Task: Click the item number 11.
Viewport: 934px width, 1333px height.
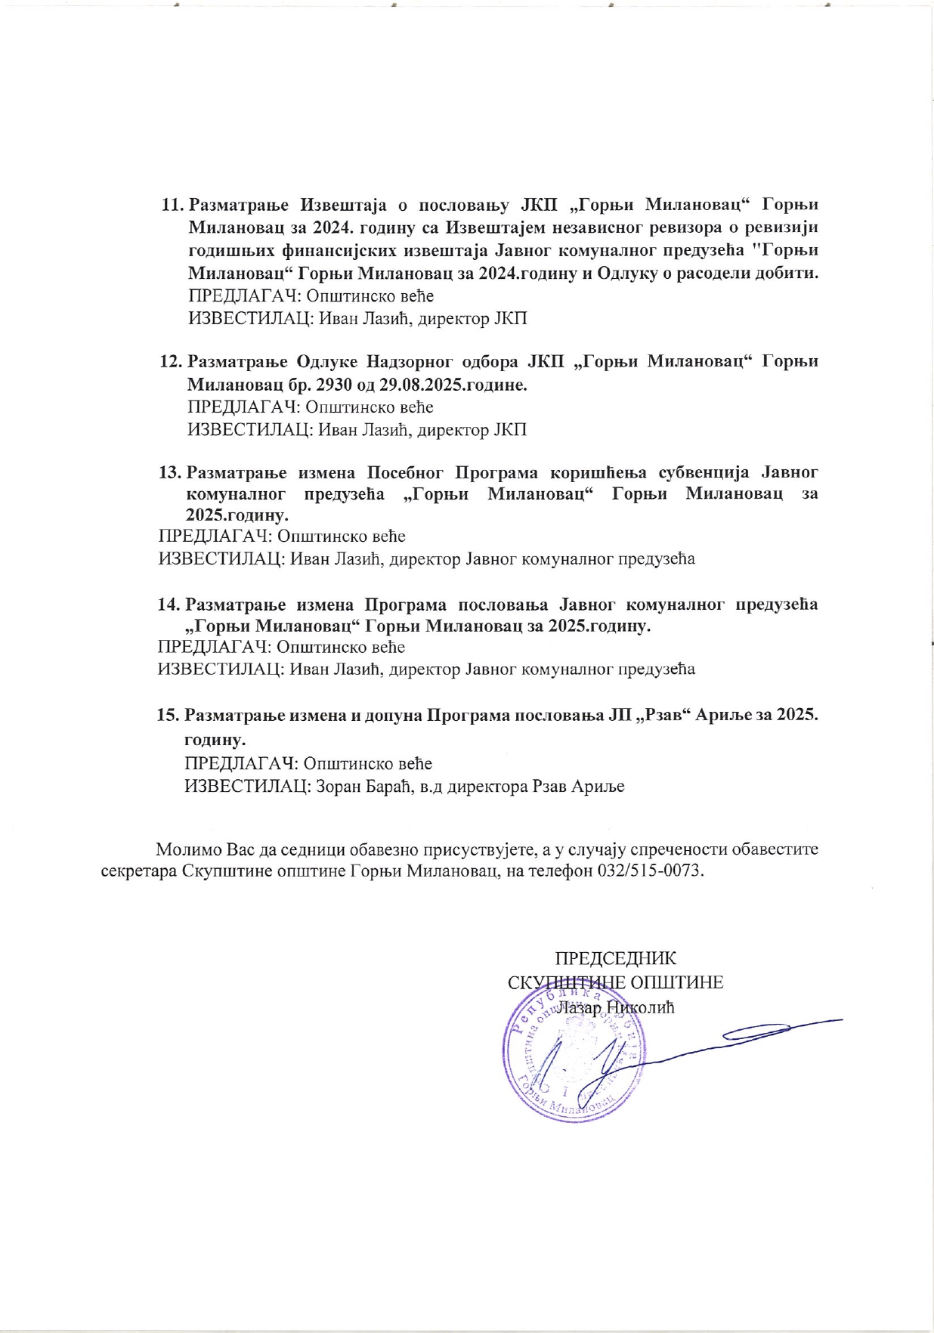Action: [173, 205]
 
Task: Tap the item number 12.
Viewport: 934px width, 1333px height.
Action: [171, 361]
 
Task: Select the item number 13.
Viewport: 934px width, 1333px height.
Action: [169, 473]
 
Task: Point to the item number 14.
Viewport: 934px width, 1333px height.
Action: [169, 605]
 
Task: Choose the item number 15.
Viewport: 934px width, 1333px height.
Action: [168, 715]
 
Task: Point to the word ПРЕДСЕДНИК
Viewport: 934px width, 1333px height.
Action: [616, 958]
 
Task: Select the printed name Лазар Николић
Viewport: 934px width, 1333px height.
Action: [616, 1007]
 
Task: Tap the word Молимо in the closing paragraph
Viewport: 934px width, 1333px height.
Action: [185, 849]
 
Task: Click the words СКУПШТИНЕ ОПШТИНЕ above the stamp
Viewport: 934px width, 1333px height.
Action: [616, 982]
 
